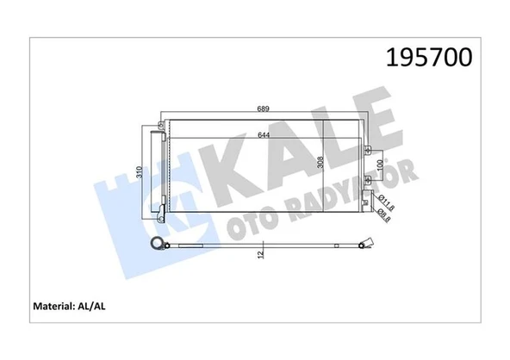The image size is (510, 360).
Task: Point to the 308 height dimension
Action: (x=320, y=164)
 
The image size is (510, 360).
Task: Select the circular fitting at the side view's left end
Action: (x=155, y=245)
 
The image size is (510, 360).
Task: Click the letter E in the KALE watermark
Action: (x=383, y=129)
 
